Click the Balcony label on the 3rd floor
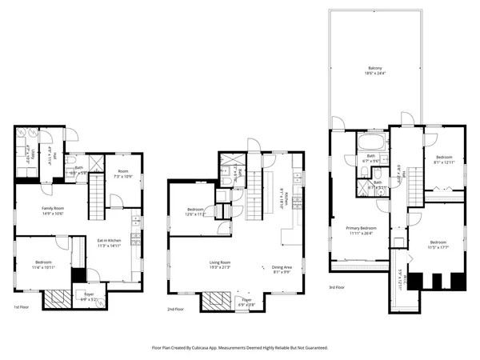[x=374, y=68]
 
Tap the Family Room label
[x=54, y=209]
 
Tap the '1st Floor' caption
[x=22, y=307]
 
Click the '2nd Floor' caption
[x=175, y=309]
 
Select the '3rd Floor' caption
[x=336, y=287]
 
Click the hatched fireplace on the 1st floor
[x=57, y=298]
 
